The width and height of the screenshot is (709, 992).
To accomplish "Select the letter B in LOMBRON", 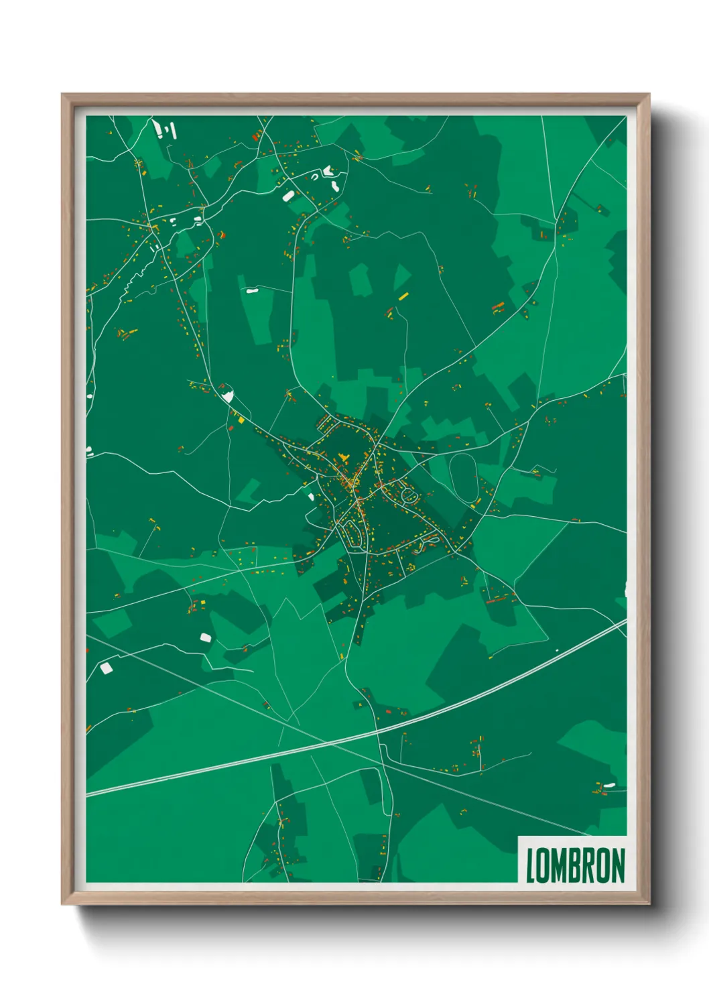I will coord(576,865).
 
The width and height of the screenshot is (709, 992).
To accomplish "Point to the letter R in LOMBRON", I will coord(590,865).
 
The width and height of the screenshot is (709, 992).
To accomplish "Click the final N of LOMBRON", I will coord(618,865).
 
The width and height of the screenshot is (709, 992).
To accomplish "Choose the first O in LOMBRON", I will coord(543,865).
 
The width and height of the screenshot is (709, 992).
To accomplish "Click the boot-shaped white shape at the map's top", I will coord(158,128).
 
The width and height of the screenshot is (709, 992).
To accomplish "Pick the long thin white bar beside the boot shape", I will coord(174,130).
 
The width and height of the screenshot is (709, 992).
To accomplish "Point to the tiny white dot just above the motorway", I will coord(556,650).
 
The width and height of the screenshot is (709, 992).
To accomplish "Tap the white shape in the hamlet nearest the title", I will coord(609,785).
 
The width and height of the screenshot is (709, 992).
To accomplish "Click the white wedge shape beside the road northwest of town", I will coord(228,395).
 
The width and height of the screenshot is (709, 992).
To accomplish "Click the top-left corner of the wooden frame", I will coord(62,95).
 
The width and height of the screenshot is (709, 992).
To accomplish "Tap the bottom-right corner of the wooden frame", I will coord(649,904).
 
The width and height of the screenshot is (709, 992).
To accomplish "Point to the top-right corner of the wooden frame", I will coord(649,95).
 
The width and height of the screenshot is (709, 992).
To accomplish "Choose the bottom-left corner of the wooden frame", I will coord(62,904).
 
